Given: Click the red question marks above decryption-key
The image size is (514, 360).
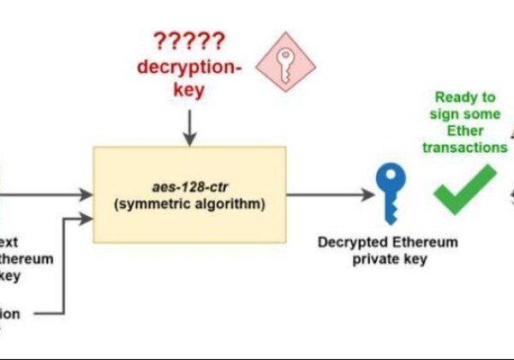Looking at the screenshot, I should (188, 41).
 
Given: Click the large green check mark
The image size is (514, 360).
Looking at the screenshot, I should (465, 188).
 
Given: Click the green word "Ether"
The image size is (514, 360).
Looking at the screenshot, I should (464, 130).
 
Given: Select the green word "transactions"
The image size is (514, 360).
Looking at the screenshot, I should (464, 147).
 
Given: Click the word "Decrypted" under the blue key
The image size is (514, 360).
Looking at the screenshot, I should (349, 243).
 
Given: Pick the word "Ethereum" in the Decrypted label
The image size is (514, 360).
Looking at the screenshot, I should (419, 243).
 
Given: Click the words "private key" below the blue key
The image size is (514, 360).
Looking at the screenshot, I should (388, 259).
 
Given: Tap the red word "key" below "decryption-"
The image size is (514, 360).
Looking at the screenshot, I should (188, 91).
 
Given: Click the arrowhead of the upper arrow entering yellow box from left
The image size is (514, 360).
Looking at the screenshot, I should (87, 195).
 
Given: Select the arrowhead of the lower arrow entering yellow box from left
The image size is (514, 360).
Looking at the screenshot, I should (87, 219).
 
